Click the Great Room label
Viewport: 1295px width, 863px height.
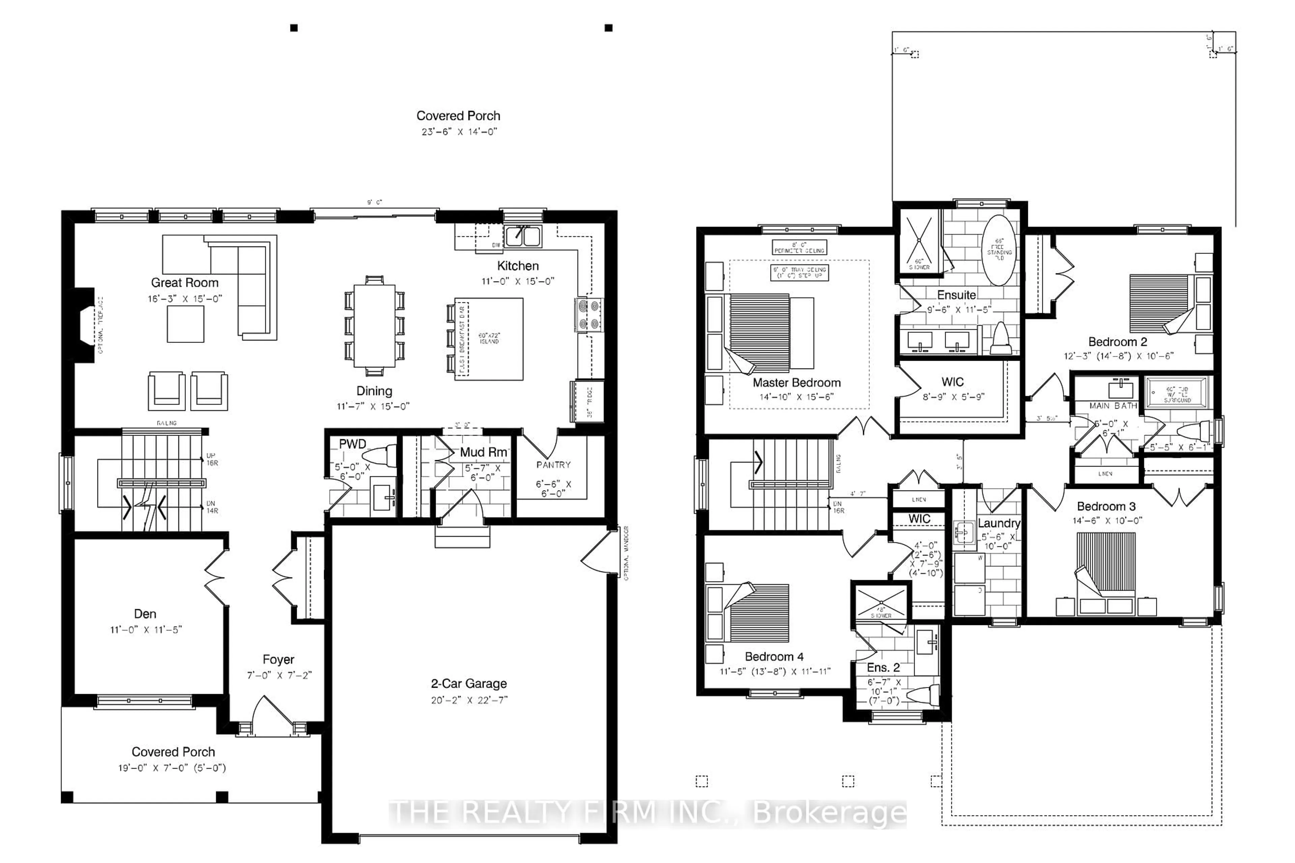184,283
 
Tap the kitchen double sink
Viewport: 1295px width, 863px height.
523,236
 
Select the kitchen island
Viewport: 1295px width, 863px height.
489,338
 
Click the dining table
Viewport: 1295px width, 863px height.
374,325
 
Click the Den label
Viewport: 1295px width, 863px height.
145,614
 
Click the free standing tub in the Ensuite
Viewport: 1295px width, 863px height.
999,249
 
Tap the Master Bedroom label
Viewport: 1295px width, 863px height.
796,383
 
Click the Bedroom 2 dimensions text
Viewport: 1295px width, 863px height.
1118,356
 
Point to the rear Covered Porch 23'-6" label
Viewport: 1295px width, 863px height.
458,116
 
